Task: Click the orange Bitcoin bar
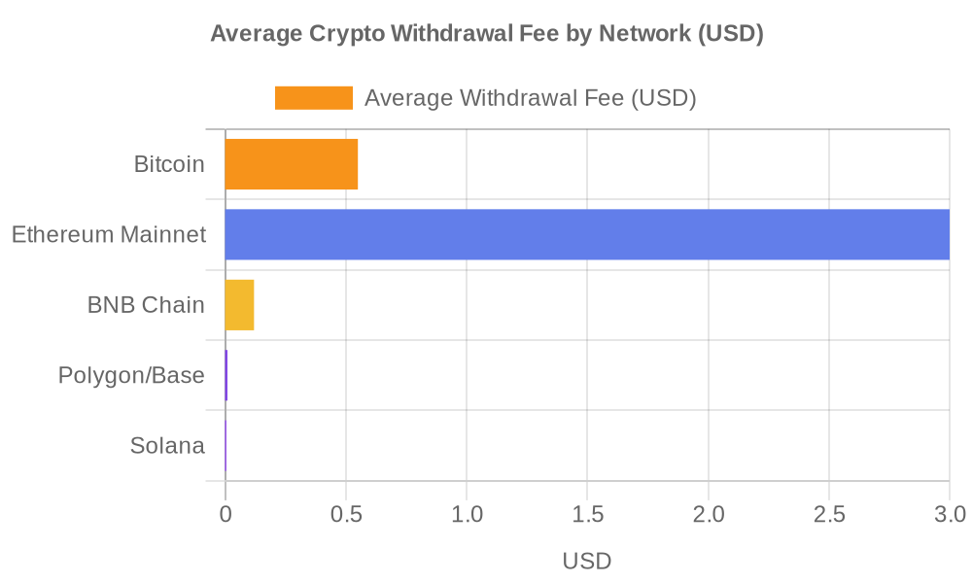(292, 164)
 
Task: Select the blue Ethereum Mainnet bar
(587, 234)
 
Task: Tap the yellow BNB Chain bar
(240, 304)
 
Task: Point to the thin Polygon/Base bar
(226, 375)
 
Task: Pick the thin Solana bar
(226, 445)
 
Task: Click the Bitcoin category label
(169, 164)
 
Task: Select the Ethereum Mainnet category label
(109, 234)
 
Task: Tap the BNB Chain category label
(146, 305)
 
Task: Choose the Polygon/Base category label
(131, 375)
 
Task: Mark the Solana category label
(167, 446)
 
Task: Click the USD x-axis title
(587, 561)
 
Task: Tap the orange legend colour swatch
(314, 98)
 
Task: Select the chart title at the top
(486, 35)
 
